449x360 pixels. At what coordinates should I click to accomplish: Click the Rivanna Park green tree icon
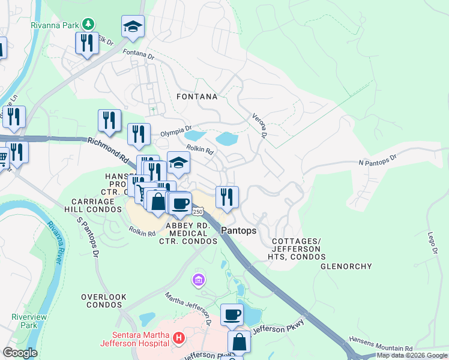89,24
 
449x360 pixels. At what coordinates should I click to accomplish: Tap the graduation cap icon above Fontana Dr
133,26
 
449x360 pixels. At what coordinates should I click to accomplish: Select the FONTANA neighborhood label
197,96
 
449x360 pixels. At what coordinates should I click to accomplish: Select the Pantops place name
238,230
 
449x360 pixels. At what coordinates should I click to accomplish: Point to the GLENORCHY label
346,266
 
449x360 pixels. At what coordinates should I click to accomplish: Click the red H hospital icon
178,338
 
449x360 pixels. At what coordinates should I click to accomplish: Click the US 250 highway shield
198,212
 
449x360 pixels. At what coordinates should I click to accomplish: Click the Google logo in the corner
20,353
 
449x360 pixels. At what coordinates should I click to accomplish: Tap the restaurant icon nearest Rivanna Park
87,43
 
